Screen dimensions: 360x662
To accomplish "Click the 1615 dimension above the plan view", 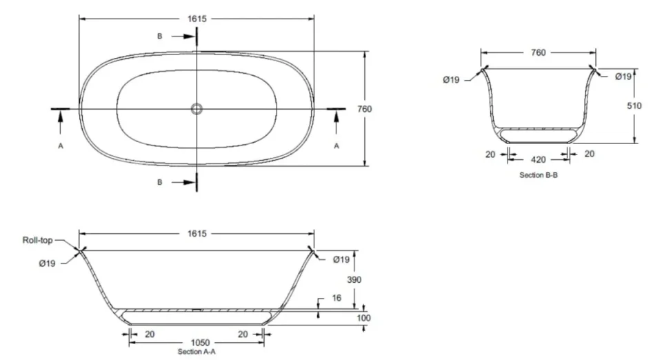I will [x=197, y=19].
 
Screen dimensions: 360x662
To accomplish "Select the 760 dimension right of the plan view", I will [x=374, y=108].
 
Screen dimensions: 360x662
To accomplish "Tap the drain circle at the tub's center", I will [x=197, y=108].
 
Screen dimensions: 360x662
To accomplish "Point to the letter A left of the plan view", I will [x=61, y=146].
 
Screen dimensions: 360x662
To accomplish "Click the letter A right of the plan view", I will [x=337, y=146].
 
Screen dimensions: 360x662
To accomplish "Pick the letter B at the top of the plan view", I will [x=159, y=36].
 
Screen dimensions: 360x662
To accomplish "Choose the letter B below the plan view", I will [x=159, y=182].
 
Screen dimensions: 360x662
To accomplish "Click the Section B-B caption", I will [x=539, y=175].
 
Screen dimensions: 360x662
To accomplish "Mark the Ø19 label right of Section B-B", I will [x=623, y=77].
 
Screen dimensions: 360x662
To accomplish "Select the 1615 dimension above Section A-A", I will [x=197, y=234].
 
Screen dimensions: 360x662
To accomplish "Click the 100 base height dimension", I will [x=364, y=318].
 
